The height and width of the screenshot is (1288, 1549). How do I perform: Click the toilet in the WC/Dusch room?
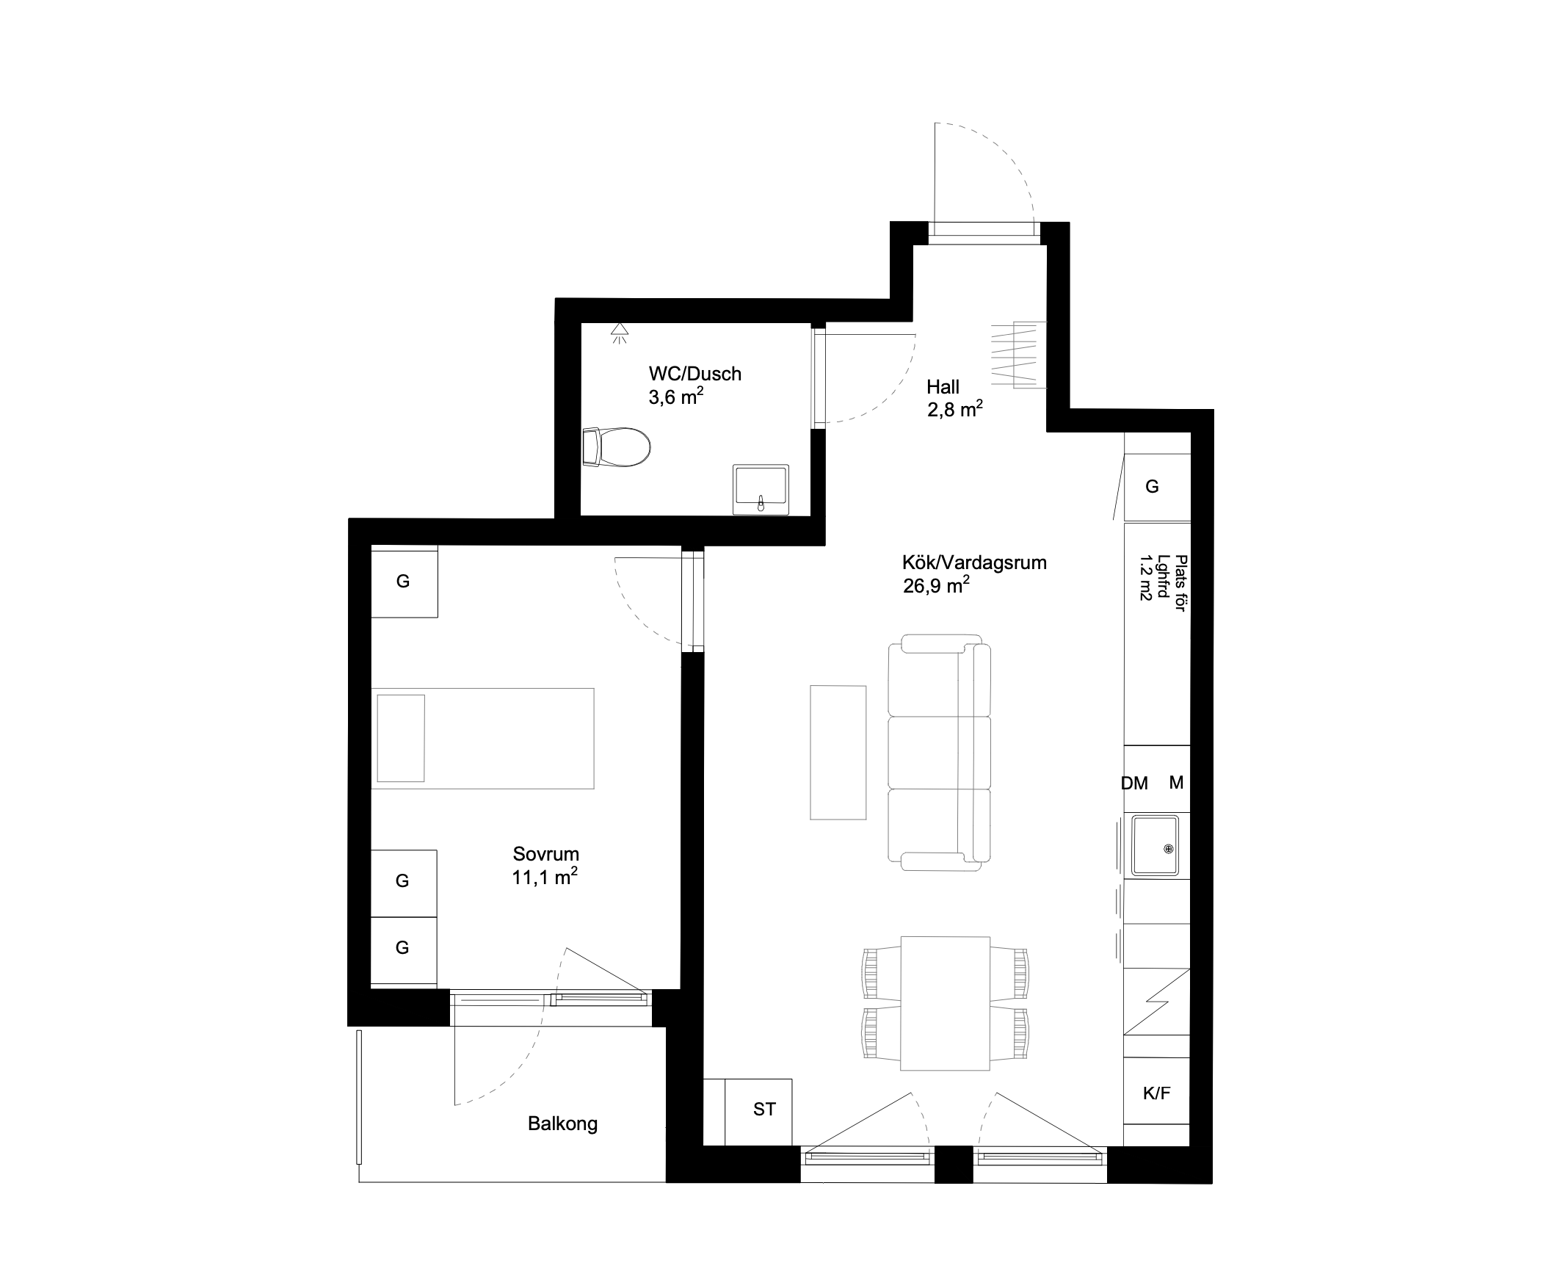617,447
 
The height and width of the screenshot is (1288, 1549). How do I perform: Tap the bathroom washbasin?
761,490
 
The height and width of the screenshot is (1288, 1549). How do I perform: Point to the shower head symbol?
620,333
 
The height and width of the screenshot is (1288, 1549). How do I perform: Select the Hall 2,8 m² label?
954,398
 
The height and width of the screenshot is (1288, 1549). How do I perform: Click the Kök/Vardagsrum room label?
973,574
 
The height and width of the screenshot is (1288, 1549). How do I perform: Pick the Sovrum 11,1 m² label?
545,865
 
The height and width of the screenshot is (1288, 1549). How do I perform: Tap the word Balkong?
562,1124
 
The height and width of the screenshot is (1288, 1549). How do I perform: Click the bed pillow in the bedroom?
401,738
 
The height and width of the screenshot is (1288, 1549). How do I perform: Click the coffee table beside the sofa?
838,753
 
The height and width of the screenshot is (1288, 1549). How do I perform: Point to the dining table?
945,1002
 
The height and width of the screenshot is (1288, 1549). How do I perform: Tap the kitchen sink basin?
1155,845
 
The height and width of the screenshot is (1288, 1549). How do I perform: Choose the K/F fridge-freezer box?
1156,1093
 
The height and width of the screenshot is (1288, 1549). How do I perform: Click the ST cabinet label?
764,1110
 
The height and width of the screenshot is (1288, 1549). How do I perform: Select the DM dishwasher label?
1134,784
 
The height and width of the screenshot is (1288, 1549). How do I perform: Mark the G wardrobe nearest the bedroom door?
404,582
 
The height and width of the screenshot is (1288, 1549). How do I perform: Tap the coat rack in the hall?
1018,355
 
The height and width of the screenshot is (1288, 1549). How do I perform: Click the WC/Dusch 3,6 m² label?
694,386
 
